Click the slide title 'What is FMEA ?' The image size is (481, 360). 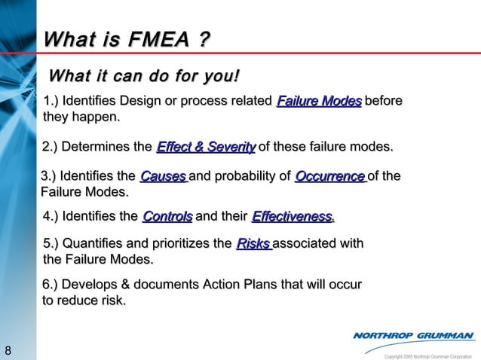(127, 38)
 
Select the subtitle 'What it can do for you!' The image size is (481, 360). (144, 76)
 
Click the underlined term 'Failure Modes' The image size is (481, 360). (319, 102)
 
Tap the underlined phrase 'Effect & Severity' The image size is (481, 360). (206, 147)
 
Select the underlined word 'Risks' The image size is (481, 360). (253, 244)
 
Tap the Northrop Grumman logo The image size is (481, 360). (413, 336)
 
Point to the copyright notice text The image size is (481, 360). (427, 355)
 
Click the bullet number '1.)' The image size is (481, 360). (55, 102)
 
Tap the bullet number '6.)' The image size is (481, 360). (54, 285)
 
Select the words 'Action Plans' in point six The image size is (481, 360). (242, 285)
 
